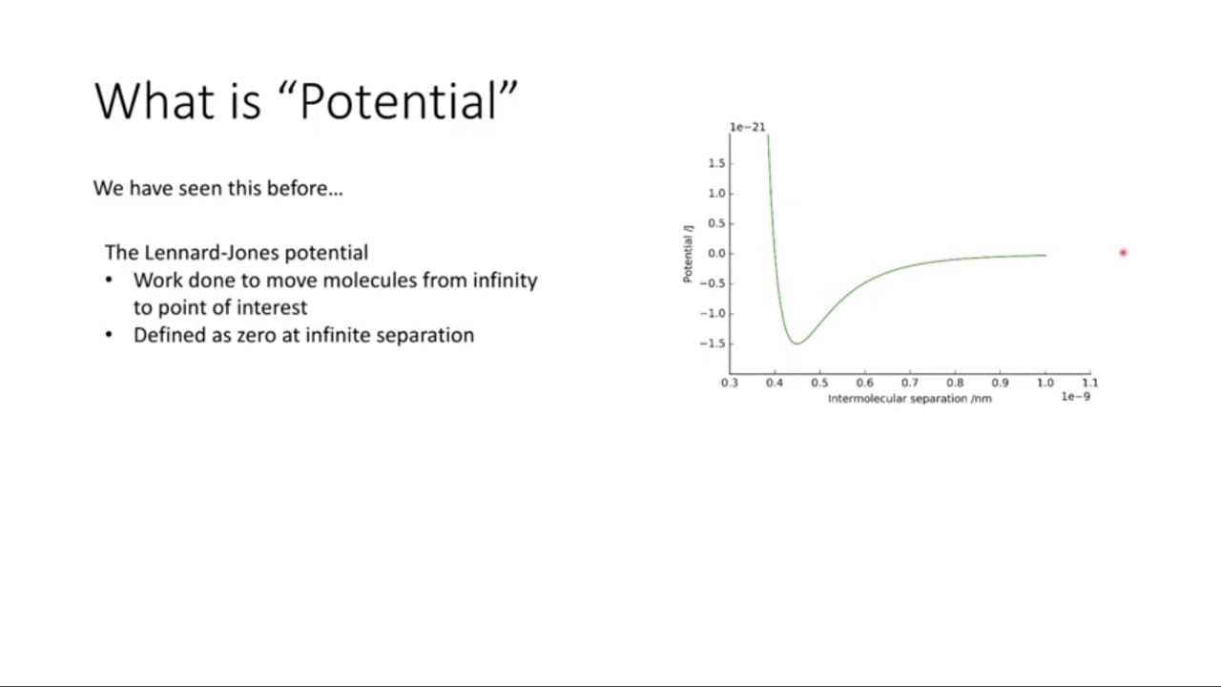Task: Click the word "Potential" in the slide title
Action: [x=398, y=101]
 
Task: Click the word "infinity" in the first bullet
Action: [x=505, y=281]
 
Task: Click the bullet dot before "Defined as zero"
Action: [x=109, y=334]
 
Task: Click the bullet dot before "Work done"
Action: [x=109, y=280]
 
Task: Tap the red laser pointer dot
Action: [x=1123, y=253]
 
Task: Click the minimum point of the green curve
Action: [x=797, y=343]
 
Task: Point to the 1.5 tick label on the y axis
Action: [x=716, y=163]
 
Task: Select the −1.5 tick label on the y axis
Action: [x=713, y=343]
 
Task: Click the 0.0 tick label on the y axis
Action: [x=716, y=254]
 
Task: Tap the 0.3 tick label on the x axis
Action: [x=730, y=383]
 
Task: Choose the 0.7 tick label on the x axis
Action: [x=910, y=383]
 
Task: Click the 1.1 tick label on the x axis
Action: [x=1090, y=383]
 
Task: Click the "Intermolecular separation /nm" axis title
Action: [x=910, y=399]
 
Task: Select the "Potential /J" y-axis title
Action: [x=688, y=254]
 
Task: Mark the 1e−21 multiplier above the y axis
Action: [x=747, y=127]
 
